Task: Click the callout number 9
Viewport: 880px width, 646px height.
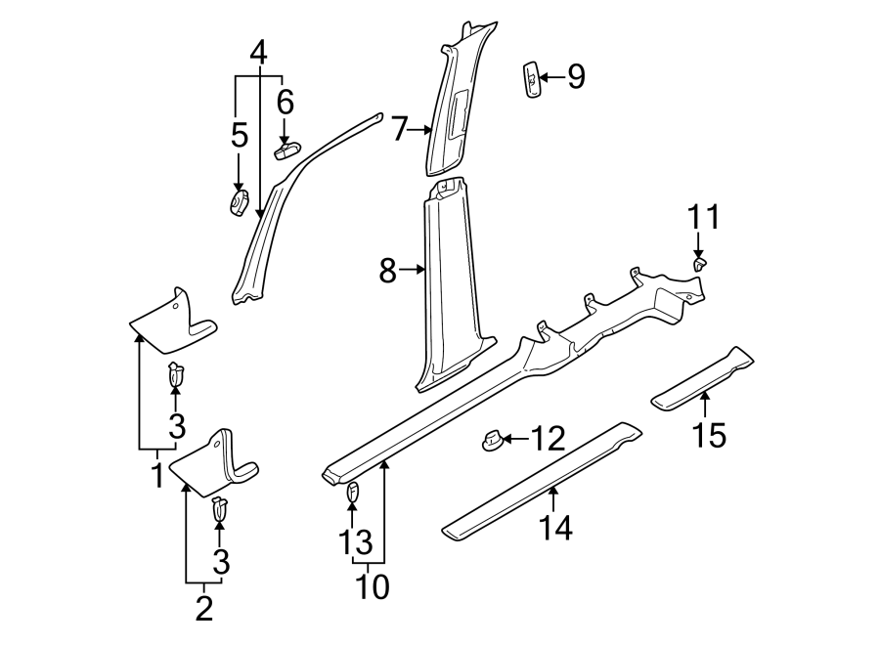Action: [x=576, y=76]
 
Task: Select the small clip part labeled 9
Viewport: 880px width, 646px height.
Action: [x=531, y=80]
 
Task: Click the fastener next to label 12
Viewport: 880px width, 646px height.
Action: [x=492, y=442]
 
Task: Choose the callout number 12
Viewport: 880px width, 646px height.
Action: [x=550, y=440]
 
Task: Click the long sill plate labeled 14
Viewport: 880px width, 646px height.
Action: [x=543, y=479]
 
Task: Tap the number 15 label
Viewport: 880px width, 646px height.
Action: [x=711, y=435]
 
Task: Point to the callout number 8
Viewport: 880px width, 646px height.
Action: [x=387, y=271]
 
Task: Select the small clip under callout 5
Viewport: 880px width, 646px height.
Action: [x=239, y=203]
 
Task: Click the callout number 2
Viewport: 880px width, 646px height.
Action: [x=203, y=608]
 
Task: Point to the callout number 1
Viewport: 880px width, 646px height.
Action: [x=154, y=476]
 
